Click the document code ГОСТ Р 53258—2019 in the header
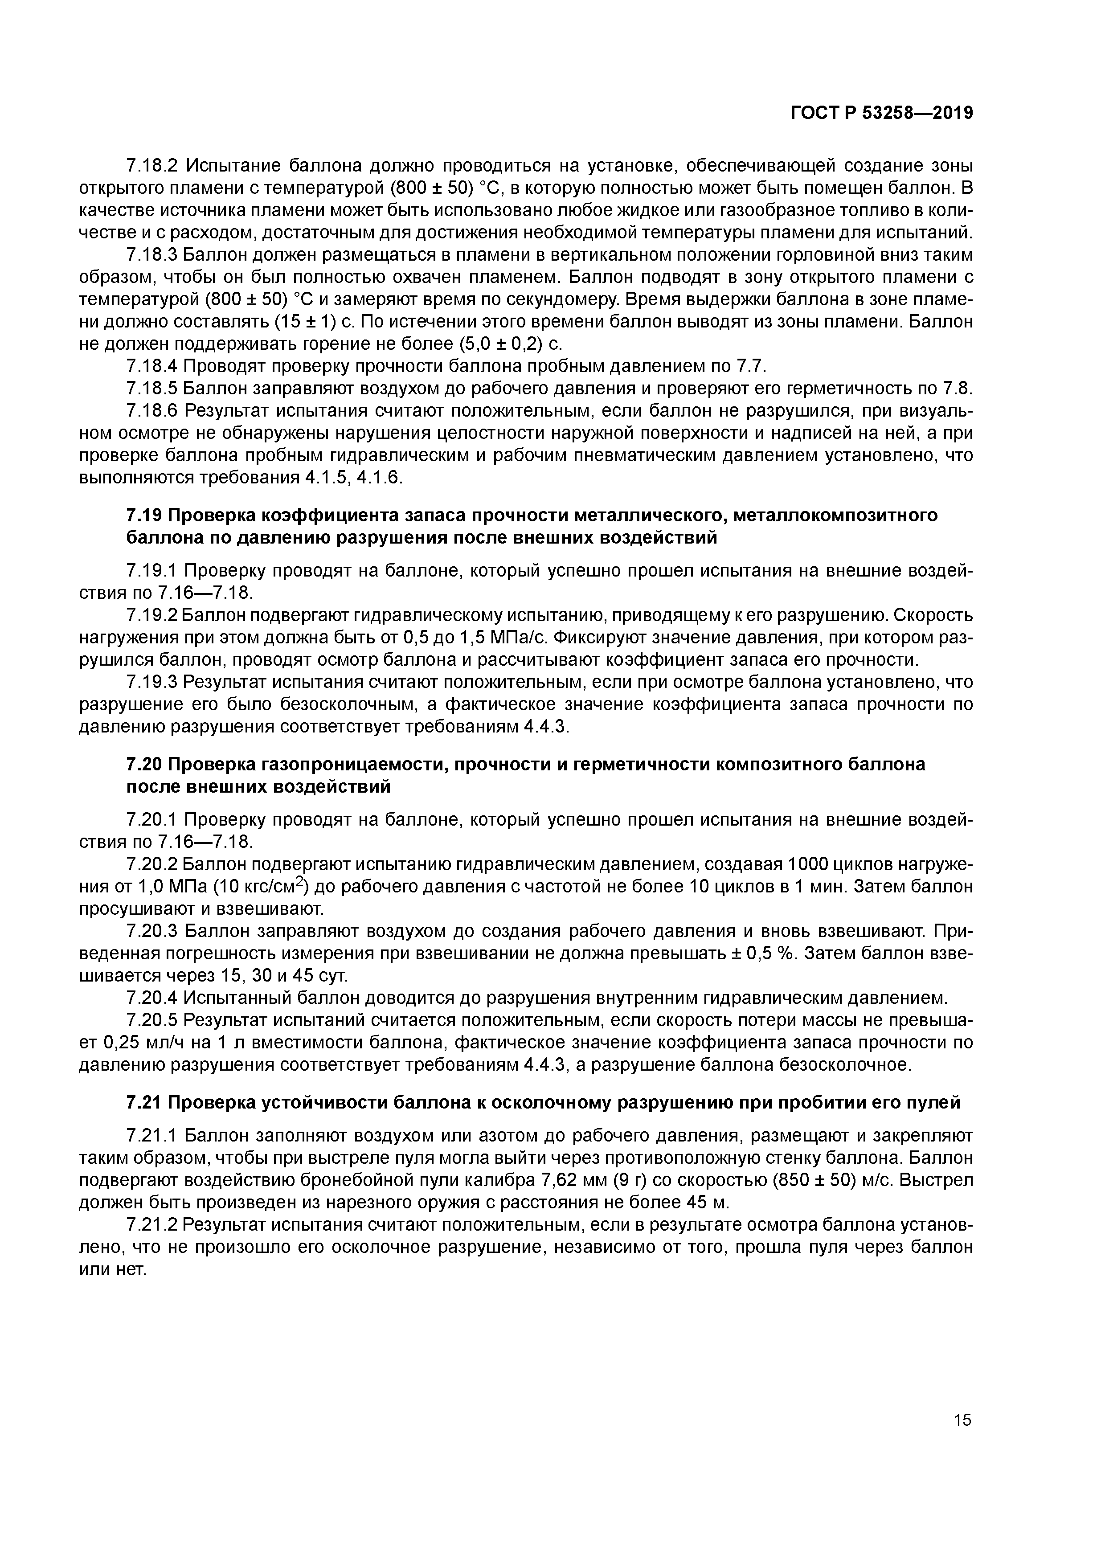881,114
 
